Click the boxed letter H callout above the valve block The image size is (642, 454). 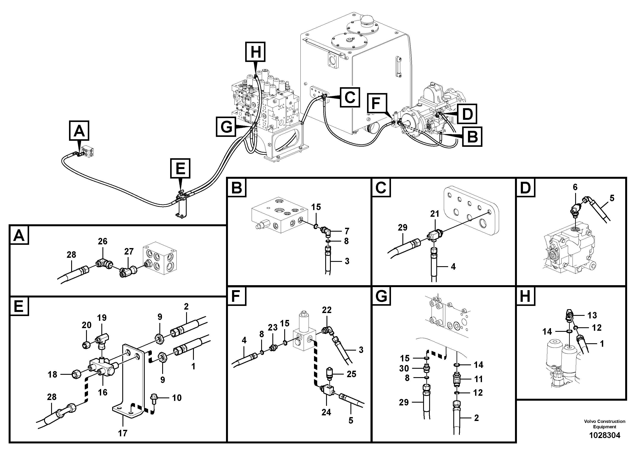(x=255, y=52)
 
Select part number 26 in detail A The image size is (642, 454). (x=103, y=241)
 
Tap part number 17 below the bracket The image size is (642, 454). (x=122, y=433)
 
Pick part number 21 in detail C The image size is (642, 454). (x=435, y=214)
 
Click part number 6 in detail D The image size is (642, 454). (x=575, y=187)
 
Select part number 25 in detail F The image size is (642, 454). (x=352, y=374)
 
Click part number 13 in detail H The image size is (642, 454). (x=592, y=315)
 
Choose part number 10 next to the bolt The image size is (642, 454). (x=177, y=397)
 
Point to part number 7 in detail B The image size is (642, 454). (x=347, y=231)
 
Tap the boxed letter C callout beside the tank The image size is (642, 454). (x=350, y=97)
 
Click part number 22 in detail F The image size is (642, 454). (x=326, y=310)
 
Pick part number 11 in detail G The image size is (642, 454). (x=478, y=379)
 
